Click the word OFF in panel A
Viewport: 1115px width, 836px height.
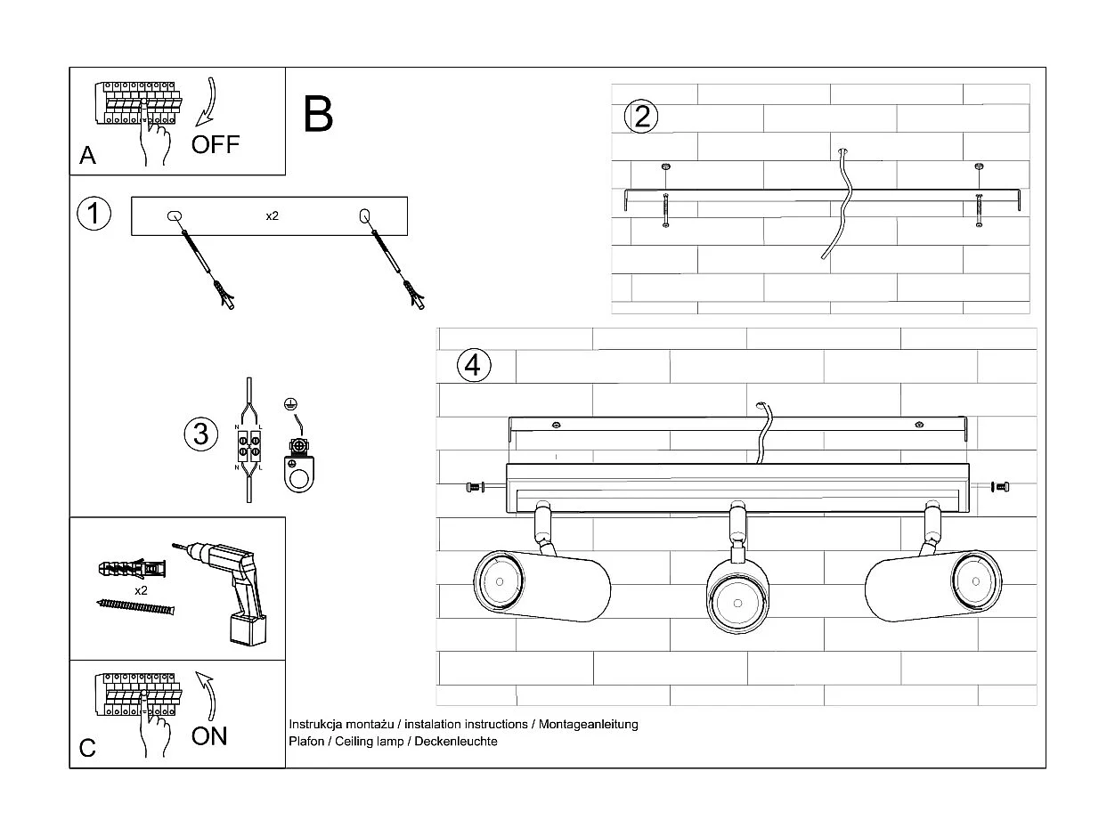click(216, 144)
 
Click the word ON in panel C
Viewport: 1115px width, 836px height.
click(209, 736)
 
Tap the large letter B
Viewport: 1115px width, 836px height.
click(318, 115)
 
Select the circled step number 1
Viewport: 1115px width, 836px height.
click(94, 214)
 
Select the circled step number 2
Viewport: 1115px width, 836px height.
click(642, 117)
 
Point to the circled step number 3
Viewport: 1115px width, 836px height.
click(200, 434)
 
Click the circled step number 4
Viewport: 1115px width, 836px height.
click(473, 365)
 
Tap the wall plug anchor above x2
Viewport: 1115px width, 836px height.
click(129, 567)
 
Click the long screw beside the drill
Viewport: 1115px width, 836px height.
click(135, 606)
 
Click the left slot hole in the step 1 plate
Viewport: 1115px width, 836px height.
click(174, 215)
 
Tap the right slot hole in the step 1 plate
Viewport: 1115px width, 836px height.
click(364, 215)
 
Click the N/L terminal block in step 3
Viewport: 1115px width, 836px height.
click(248, 445)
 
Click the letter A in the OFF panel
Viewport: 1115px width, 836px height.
click(87, 156)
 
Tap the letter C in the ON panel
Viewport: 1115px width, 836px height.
click(87, 748)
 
